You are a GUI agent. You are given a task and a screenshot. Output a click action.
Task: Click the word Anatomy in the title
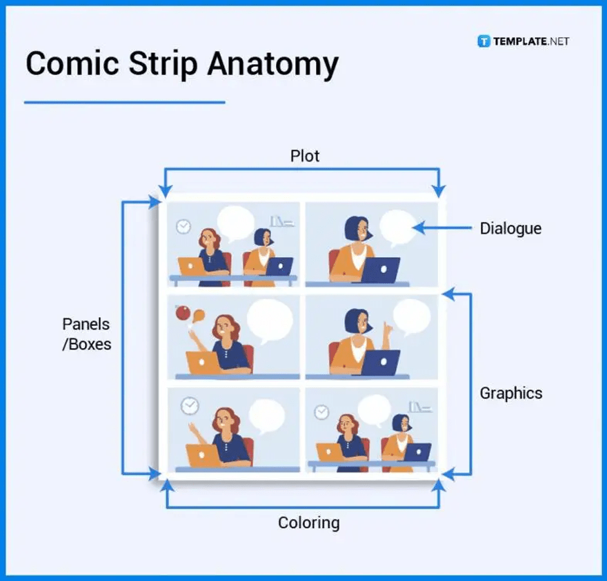tap(273, 63)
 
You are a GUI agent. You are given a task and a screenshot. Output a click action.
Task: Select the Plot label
tap(304, 156)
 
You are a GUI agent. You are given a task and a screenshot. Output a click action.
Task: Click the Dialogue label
tap(510, 228)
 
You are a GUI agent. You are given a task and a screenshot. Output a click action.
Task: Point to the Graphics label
tap(510, 394)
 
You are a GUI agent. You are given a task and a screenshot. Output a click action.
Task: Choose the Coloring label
tap(308, 522)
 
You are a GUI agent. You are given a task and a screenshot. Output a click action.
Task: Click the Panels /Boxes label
tap(86, 334)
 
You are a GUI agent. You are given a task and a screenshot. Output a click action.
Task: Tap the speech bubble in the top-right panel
tap(398, 227)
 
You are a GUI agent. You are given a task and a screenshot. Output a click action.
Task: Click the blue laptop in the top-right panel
tap(381, 269)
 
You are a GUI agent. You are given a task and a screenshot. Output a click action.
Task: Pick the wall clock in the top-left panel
tap(183, 226)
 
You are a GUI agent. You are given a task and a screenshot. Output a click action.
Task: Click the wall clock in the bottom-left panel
tap(189, 406)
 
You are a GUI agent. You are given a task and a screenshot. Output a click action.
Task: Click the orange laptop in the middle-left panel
tap(202, 363)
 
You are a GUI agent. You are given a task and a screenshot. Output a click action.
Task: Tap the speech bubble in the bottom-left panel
tap(266, 415)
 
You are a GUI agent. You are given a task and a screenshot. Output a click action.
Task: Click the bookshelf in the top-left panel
tap(281, 221)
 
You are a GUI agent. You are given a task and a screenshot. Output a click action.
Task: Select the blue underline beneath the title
tap(124, 103)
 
